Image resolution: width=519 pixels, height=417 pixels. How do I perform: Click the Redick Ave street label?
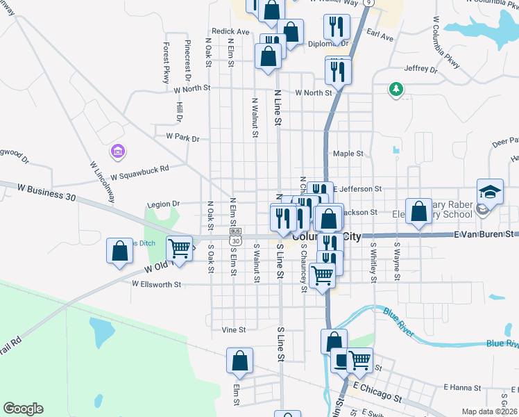230,31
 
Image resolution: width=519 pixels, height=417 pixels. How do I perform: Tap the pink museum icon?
117,151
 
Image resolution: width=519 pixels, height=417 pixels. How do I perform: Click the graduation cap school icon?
489,192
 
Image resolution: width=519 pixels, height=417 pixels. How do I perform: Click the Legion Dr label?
164,204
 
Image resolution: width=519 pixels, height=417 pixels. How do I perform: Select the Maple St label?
348,154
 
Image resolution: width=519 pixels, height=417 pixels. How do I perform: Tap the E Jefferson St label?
358,188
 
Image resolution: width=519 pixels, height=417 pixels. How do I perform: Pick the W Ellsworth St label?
158,284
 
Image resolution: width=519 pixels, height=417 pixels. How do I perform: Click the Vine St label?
234,329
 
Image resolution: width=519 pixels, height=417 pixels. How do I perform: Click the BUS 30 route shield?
236,235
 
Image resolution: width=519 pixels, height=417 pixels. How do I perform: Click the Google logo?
23,409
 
